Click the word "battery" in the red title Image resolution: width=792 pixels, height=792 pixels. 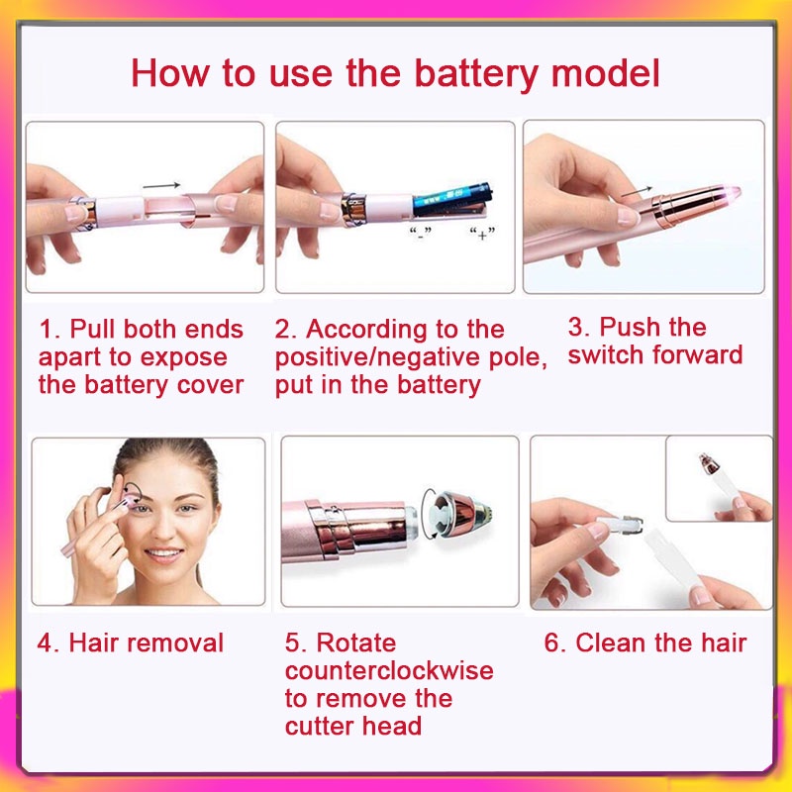[476, 74]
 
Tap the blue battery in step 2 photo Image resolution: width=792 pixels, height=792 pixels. [452, 200]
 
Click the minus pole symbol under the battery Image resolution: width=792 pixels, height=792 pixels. [420, 234]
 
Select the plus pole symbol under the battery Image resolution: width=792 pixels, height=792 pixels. [482, 234]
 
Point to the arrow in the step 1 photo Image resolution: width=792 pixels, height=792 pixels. [161, 186]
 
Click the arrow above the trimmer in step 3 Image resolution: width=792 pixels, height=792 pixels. [637, 191]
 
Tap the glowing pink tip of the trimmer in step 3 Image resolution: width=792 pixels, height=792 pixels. [732, 192]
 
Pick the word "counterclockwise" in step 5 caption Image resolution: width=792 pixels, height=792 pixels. [389, 671]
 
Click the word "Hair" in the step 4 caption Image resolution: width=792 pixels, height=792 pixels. [94, 643]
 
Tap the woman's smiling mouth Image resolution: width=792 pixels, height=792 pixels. [163, 554]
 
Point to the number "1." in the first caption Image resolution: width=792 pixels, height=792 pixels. [49, 330]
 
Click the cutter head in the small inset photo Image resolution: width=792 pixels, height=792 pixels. [709, 463]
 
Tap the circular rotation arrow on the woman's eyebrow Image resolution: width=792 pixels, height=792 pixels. [134, 491]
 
